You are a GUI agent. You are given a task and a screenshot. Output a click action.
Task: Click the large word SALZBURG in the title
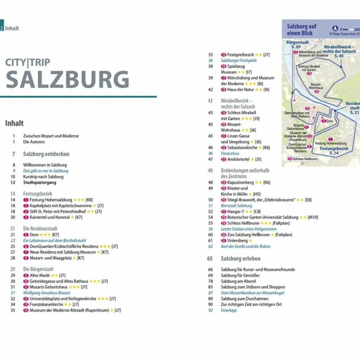68,79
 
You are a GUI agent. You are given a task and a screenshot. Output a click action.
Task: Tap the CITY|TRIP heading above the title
27,62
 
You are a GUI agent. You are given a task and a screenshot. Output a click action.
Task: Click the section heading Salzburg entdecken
46,154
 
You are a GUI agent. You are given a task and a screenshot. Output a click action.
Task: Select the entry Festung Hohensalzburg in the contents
51,199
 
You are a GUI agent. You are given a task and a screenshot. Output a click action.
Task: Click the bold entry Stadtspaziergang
39,182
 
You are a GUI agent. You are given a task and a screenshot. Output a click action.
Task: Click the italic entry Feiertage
229,310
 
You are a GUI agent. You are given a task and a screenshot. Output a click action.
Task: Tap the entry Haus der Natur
240,90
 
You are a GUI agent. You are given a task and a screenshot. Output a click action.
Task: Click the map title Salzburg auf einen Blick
301,30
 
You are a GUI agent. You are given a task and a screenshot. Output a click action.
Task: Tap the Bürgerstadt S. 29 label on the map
297,44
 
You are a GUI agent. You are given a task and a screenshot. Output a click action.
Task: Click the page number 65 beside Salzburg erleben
210,259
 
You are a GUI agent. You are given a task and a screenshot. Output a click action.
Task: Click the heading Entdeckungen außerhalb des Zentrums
244,174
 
